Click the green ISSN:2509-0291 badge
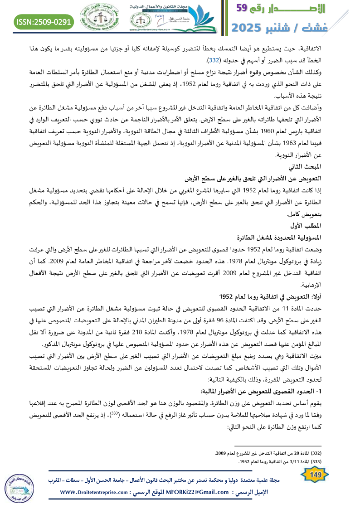(44, 21)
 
